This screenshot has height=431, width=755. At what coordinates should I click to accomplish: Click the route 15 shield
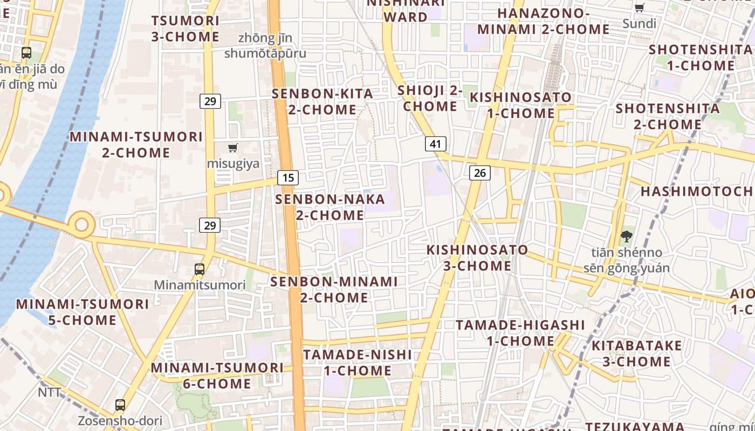[289, 177]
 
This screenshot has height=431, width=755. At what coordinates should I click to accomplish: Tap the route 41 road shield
[436, 144]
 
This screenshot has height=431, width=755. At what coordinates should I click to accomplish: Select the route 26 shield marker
[480, 173]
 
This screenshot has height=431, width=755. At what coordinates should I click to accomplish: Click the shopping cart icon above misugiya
[233, 148]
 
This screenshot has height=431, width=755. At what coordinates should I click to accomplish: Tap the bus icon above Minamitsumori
[200, 269]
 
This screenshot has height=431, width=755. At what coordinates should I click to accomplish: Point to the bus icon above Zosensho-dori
[120, 405]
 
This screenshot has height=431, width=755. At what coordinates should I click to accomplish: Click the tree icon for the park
[626, 236]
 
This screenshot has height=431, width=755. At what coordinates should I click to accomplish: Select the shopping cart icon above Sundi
[640, 8]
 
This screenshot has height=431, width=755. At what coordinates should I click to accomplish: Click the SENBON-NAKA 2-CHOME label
[330, 207]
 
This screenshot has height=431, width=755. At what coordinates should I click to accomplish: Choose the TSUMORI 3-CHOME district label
[186, 29]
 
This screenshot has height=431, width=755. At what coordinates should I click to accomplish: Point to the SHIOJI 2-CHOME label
[430, 98]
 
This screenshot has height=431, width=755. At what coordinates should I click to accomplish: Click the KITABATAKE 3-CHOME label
[636, 353]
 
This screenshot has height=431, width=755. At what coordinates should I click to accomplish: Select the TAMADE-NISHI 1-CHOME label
[358, 363]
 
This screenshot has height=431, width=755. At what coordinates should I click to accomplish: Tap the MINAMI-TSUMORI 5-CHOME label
[82, 312]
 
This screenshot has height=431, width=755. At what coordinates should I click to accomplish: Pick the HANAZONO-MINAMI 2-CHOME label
[543, 21]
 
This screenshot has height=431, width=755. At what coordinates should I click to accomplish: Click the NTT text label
[50, 392]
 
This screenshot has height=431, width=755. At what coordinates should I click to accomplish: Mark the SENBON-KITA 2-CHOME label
[322, 101]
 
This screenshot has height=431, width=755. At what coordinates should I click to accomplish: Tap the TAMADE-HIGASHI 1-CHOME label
[520, 333]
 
